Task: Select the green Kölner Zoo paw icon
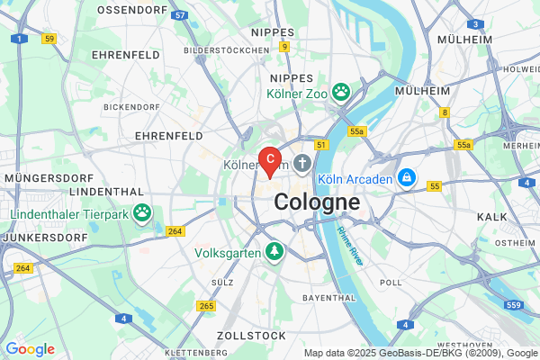pyautogui.click(x=341, y=91)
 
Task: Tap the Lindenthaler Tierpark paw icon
pyautogui.click(x=142, y=213)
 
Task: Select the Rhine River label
pyautogui.click(x=349, y=244)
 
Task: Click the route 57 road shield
pyautogui.click(x=180, y=15)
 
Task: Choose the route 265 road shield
pyautogui.click(x=207, y=306)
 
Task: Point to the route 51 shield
pyautogui.click(x=321, y=144)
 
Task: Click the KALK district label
pyautogui.click(x=492, y=217)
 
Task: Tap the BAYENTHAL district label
pyautogui.click(x=329, y=297)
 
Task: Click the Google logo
pyautogui.click(x=30, y=348)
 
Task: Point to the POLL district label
pyautogui.click(x=391, y=282)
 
